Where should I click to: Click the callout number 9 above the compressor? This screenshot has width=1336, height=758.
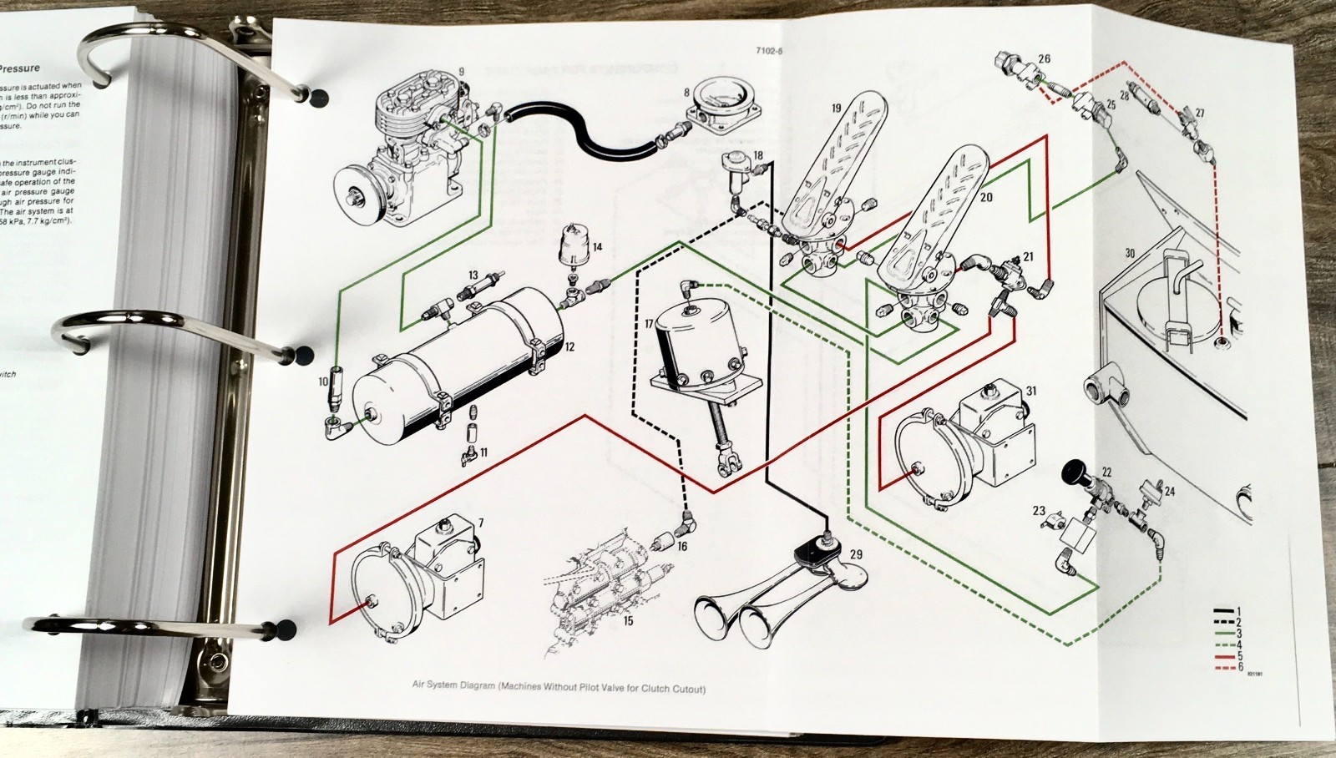(461, 73)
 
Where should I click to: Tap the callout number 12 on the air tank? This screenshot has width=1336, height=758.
(569, 346)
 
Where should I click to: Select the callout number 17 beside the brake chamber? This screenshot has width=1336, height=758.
(649, 324)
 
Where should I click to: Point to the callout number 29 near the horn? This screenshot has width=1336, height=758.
(856, 553)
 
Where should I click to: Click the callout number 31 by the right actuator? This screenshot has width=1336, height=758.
(1031, 391)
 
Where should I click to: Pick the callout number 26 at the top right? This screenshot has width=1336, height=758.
(1044, 59)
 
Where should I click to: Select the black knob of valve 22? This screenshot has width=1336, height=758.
(1072, 475)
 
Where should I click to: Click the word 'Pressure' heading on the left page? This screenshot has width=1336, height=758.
(19, 68)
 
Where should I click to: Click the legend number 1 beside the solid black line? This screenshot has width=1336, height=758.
(1239, 612)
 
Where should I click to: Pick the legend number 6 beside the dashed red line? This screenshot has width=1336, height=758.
(1240, 667)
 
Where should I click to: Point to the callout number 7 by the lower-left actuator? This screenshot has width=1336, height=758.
(480, 523)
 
